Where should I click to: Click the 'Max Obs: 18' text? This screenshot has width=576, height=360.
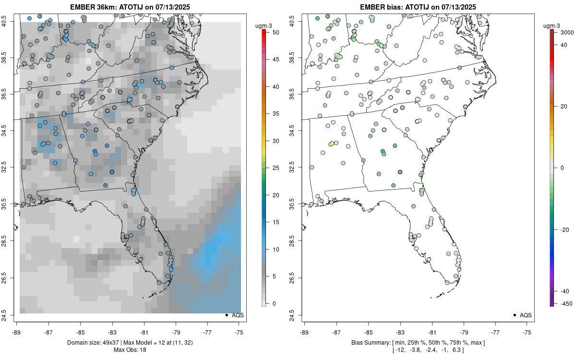pyautogui.click(x=130, y=349)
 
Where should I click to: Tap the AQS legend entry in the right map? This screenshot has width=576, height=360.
pyautogui.click(x=526, y=315)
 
